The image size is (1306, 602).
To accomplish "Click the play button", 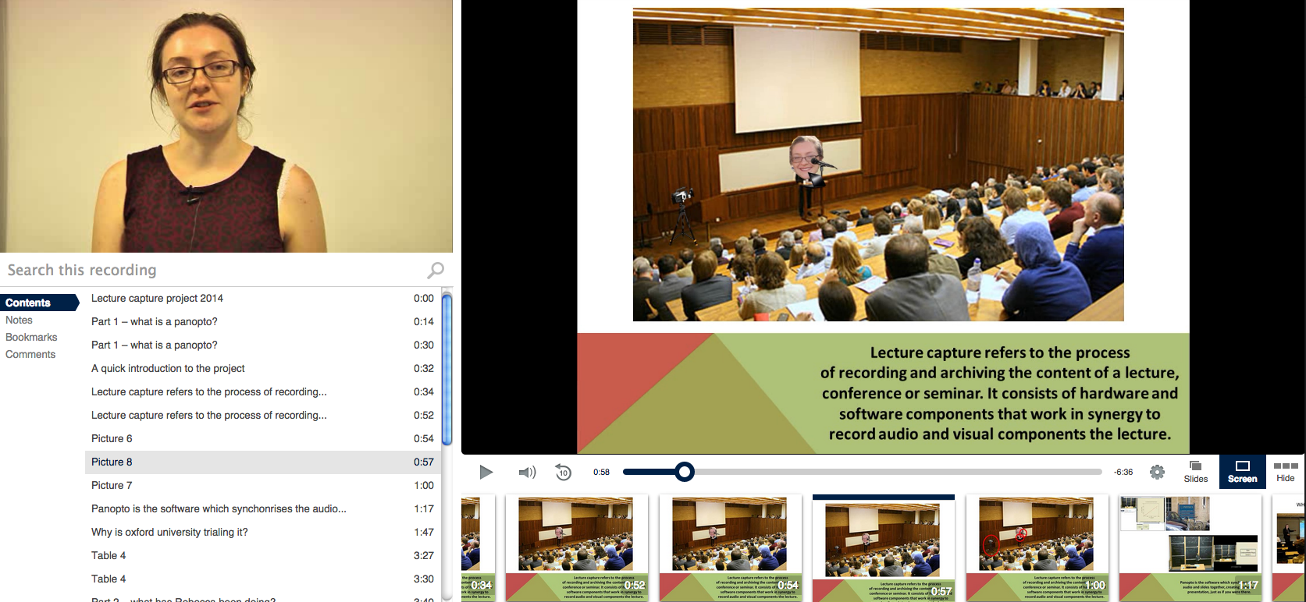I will click(x=486, y=472).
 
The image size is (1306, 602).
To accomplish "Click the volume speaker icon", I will click(x=527, y=472).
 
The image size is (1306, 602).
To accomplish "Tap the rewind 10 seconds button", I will click(x=563, y=472).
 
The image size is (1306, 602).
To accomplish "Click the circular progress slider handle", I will click(x=685, y=472).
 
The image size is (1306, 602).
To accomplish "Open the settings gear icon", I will click(x=1157, y=472).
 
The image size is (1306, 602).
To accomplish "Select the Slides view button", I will click(x=1195, y=472).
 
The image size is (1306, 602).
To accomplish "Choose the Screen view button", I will click(x=1242, y=472).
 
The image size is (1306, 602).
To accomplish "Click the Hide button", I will click(x=1285, y=472).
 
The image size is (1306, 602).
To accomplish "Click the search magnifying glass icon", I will click(x=436, y=270).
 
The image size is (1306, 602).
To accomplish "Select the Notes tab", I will click(x=20, y=320).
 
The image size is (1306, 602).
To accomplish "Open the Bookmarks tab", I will click(x=31, y=337).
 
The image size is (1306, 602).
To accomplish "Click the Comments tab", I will click(x=30, y=354).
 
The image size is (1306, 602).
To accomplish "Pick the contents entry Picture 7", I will click(x=112, y=485).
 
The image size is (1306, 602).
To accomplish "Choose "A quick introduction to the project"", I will click(x=168, y=368).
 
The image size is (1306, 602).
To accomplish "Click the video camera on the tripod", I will click(x=681, y=196).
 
